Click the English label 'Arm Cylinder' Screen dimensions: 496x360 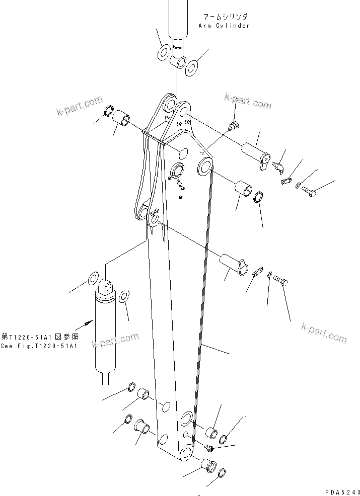pyautogui.click(x=223, y=26)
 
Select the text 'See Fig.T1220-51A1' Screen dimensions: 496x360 pyautogui.click(x=39, y=346)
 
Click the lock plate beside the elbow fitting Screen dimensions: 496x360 pyautogui.click(x=287, y=179)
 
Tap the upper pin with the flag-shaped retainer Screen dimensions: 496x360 pyautogui.click(x=256, y=153)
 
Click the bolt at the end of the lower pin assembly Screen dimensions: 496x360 pyautogui.click(x=280, y=280)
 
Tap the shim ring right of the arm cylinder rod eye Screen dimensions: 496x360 pyautogui.click(x=192, y=66)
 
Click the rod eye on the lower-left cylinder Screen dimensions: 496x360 pyautogui.click(x=106, y=288)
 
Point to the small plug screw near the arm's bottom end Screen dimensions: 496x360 pyautogui.click(x=209, y=447)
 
